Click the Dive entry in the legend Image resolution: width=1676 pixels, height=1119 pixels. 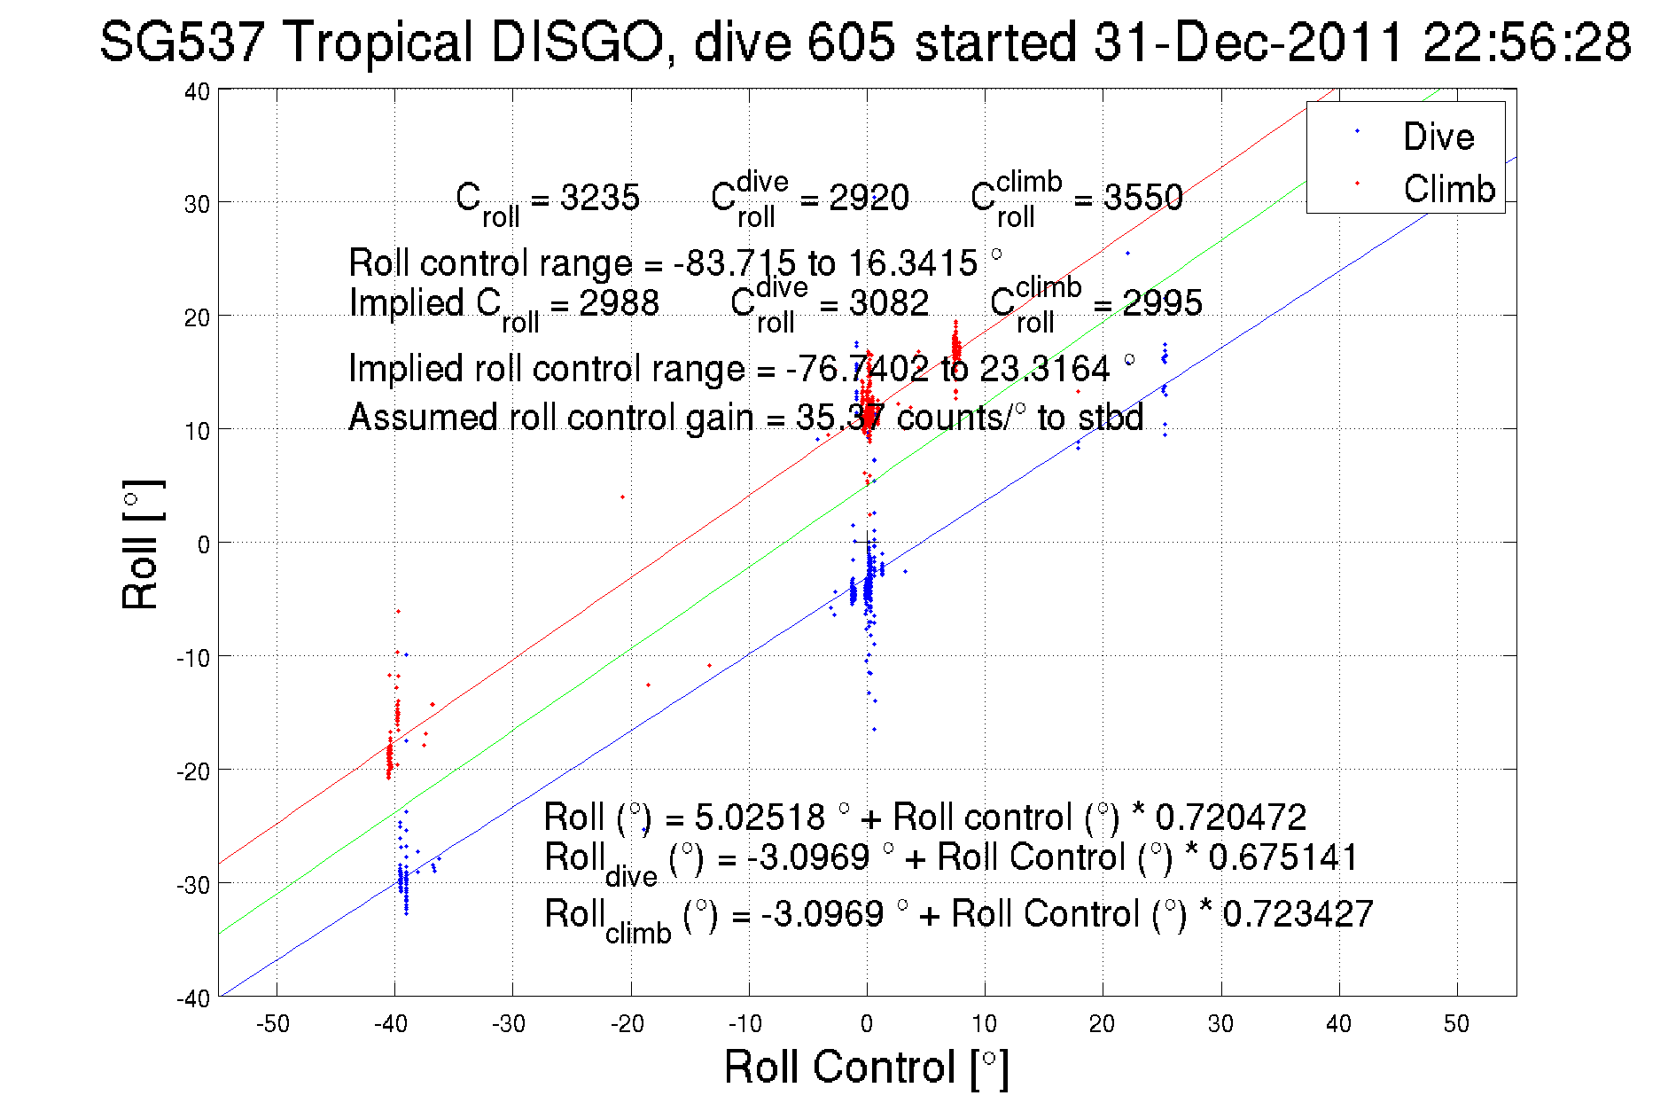coord(1438,137)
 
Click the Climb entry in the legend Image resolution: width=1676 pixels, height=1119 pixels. coord(1448,189)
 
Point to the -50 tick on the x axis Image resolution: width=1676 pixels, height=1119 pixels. coord(273,1024)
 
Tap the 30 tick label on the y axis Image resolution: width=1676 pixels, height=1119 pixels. coord(197,204)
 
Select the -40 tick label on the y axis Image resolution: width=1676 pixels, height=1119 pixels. coord(193,998)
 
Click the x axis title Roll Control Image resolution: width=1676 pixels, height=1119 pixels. coord(866,1067)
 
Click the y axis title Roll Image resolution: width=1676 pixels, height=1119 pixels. coord(142,544)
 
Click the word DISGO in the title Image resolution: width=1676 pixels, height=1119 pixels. coord(576,42)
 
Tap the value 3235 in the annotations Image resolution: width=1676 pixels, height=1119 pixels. coord(600,197)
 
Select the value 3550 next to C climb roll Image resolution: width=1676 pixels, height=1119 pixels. coord(1142,197)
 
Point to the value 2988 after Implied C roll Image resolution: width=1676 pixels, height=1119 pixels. coord(619,303)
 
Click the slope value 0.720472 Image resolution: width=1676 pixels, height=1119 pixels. coord(1230,817)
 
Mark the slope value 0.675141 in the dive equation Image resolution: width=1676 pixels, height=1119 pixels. coord(1282,857)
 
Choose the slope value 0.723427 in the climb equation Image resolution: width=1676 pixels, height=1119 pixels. coord(1298,914)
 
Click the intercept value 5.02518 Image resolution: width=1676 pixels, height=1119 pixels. coord(760,817)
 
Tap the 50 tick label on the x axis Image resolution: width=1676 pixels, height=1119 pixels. coord(1456,1024)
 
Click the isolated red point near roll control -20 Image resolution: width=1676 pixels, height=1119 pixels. coord(622,497)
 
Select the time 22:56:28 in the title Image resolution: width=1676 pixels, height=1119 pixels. coord(1526,42)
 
